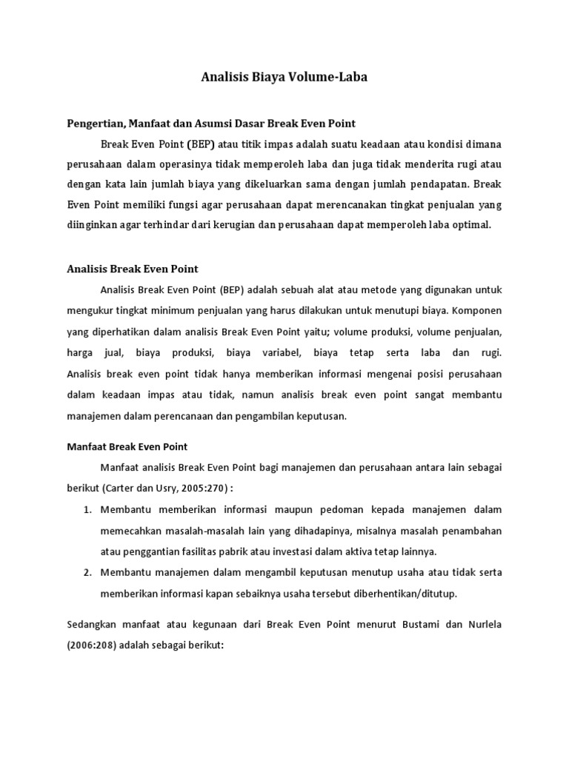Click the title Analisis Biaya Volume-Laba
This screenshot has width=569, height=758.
click(284, 76)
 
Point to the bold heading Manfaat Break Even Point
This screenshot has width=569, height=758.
click(127, 446)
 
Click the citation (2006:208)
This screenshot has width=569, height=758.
click(90, 645)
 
